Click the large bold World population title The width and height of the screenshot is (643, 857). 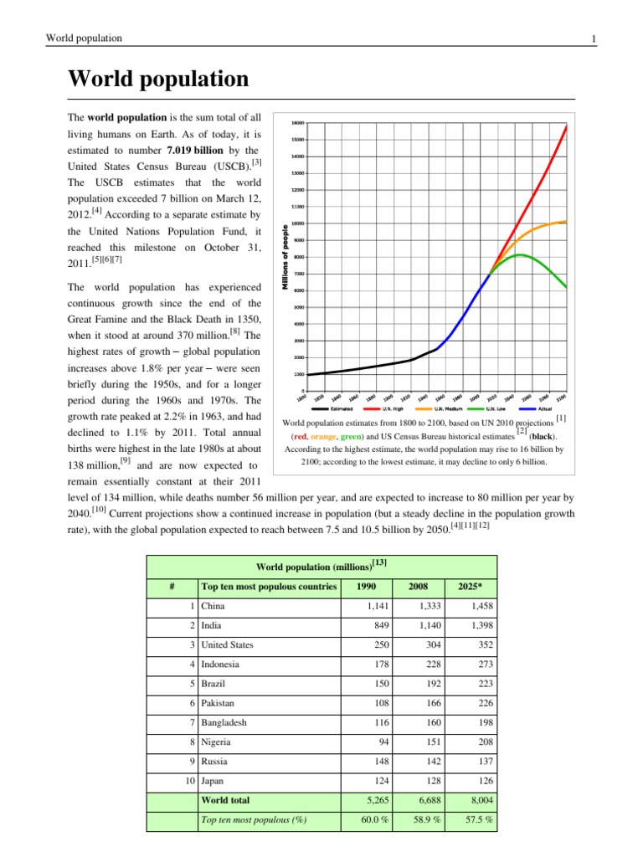click(x=158, y=80)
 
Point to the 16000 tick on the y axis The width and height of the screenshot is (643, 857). click(x=298, y=122)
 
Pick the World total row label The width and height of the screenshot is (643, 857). click(x=227, y=800)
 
